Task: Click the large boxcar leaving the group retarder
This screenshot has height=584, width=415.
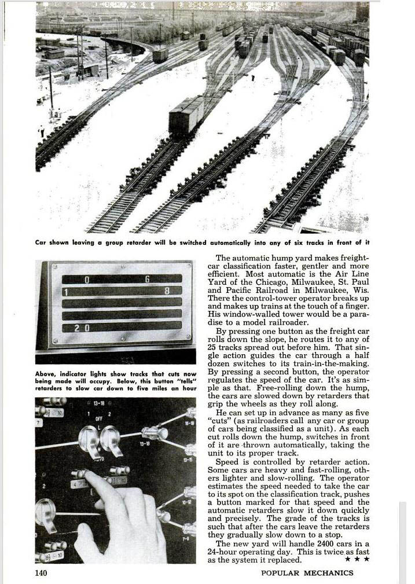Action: (186, 115)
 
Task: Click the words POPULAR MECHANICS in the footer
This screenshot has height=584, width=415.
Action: (307, 573)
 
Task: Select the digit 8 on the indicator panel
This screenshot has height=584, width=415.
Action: (166, 291)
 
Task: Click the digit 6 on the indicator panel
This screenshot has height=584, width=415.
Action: (147, 280)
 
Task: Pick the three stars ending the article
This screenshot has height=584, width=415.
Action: (357, 560)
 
